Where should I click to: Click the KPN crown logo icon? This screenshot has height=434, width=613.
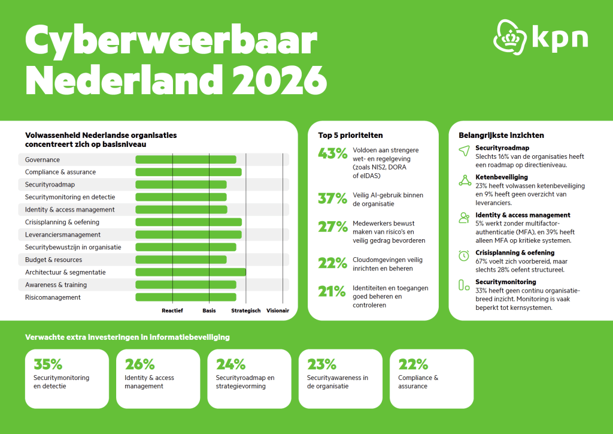[510, 37]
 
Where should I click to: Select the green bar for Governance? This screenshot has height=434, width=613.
[186, 159]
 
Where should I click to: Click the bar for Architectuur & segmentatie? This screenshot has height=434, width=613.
[190, 272]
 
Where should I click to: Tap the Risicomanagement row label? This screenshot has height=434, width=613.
[53, 297]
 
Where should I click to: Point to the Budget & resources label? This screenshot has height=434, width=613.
[53, 260]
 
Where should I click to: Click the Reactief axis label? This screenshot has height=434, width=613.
[172, 311]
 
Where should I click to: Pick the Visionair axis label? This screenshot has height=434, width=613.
[278, 311]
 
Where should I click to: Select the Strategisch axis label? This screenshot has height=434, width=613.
[246, 311]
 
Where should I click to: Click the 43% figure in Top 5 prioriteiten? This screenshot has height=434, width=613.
[332, 153]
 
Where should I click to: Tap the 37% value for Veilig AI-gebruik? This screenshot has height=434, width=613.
[332, 198]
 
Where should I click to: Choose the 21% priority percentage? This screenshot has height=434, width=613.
[332, 292]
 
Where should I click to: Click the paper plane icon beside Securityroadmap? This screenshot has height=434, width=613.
[464, 152]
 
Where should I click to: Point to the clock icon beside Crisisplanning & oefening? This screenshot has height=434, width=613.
[464, 256]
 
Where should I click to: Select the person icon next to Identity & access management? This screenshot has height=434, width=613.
[464, 218]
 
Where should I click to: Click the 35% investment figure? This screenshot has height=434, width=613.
[48, 364]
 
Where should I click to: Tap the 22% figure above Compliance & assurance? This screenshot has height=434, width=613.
[413, 364]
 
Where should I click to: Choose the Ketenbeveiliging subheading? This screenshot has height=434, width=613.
[502, 177]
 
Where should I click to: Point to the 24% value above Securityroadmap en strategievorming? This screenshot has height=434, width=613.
[230, 364]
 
